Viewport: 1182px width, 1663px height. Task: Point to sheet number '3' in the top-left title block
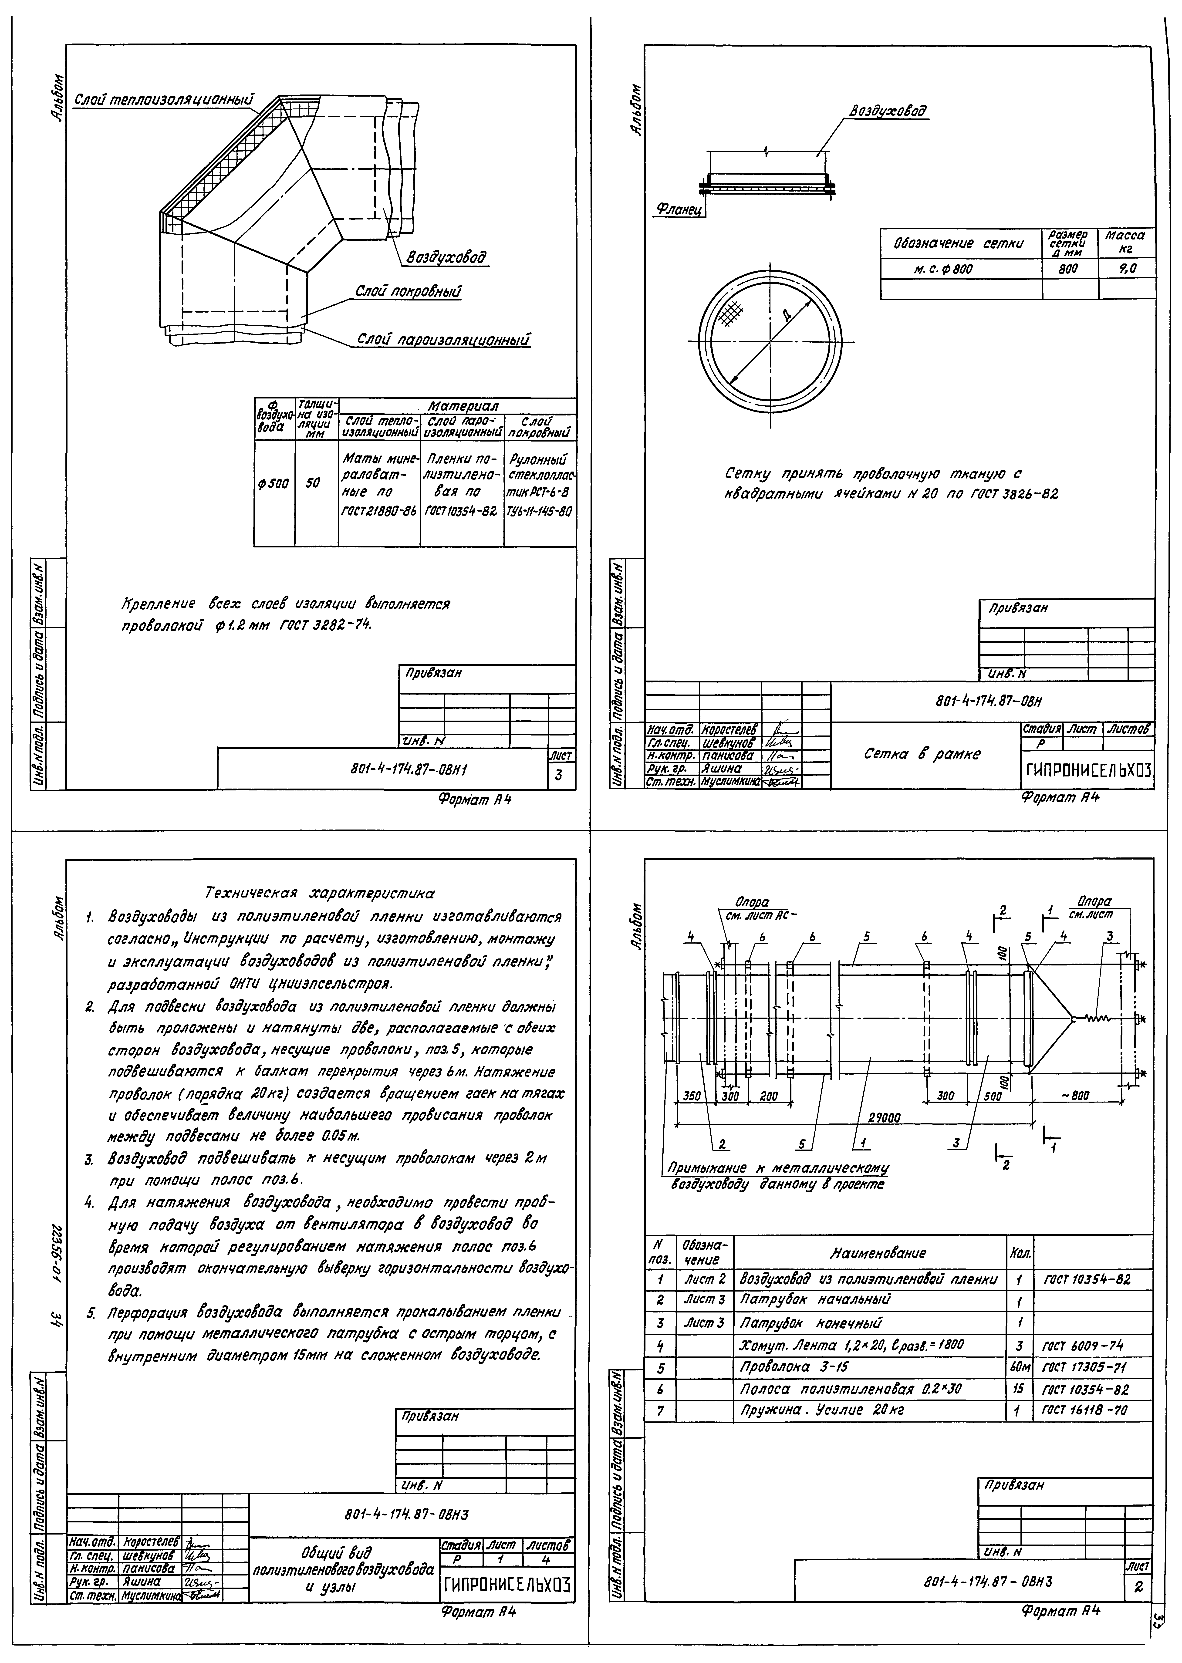point(558,775)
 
